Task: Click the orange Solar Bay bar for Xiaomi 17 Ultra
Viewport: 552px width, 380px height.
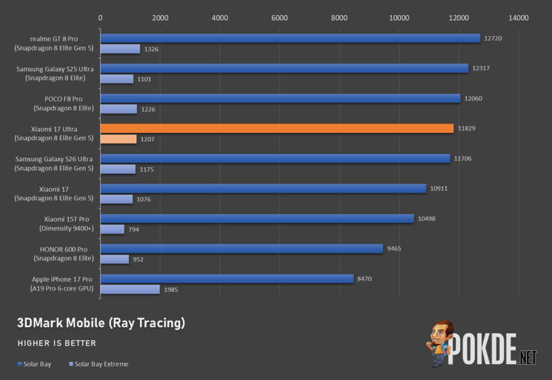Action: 277,128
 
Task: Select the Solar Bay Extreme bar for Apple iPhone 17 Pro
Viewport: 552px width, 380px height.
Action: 130,289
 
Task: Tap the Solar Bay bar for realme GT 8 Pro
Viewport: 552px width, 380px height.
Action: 291,38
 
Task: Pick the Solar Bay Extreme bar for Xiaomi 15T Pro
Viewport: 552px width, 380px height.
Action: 112,229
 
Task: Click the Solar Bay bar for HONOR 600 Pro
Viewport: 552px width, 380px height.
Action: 242,248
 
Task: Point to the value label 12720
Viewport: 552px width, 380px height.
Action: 493,38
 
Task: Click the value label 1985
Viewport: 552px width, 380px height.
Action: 171,290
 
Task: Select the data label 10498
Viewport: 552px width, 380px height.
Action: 427,219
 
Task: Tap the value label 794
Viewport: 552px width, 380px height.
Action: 134,229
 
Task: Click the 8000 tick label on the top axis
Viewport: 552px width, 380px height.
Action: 340,18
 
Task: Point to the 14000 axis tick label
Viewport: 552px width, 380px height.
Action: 519,18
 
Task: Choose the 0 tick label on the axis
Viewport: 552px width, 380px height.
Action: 100,18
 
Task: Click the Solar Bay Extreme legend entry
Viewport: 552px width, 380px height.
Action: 99,364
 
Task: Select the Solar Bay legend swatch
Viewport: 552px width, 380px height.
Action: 20,364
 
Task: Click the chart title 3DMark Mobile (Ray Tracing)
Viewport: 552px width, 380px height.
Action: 101,323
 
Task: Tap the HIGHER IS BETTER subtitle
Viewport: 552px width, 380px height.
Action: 57,343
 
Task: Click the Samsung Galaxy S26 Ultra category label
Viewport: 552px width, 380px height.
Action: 54,164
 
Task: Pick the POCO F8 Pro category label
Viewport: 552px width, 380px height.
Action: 64,103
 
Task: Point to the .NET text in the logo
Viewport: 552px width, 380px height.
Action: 527,357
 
